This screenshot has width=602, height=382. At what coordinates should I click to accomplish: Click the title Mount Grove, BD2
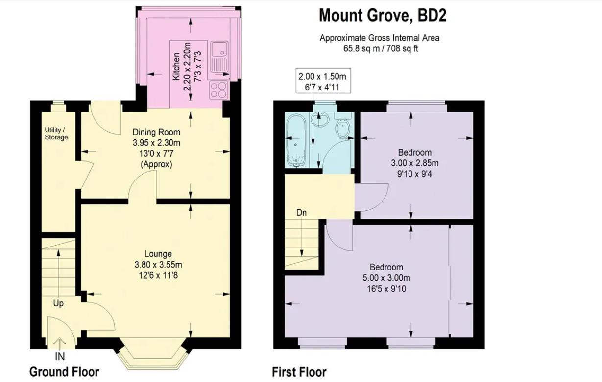click(x=383, y=16)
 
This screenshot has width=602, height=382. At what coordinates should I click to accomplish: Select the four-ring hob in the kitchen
click(x=218, y=90)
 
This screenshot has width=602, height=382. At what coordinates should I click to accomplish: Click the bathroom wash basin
click(x=320, y=118)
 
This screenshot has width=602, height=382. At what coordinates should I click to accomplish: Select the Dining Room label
click(x=156, y=132)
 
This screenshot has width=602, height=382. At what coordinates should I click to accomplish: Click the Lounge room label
click(x=158, y=254)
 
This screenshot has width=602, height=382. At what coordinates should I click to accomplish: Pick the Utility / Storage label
click(x=56, y=134)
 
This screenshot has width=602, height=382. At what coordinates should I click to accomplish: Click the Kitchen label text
click(x=176, y=67)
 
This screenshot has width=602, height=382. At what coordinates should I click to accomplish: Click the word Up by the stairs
click(x=58, y=304)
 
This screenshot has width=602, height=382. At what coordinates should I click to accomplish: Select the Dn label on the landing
click(x=302, y=213)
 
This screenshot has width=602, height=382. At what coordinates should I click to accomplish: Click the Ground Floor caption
click(x=64, y=372)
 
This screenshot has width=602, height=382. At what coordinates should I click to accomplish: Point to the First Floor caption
click(x=299, y=372)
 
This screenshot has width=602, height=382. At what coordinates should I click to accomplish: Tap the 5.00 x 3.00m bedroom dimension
click(x=386, y=278)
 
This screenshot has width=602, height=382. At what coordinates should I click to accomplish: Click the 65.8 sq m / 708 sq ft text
click(x=380, y=48)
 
